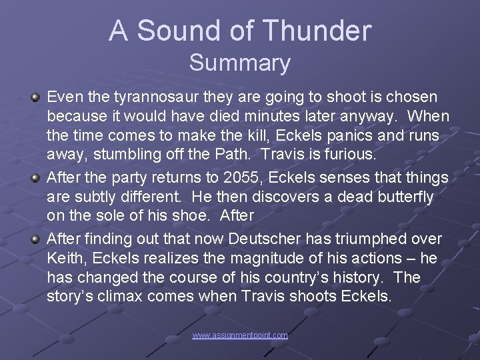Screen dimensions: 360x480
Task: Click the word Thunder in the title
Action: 317,31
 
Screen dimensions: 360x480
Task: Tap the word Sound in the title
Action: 179,31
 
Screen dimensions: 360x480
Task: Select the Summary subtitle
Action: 240,63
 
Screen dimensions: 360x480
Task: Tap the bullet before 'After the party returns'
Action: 36,178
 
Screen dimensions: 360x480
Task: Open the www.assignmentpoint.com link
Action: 240,335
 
